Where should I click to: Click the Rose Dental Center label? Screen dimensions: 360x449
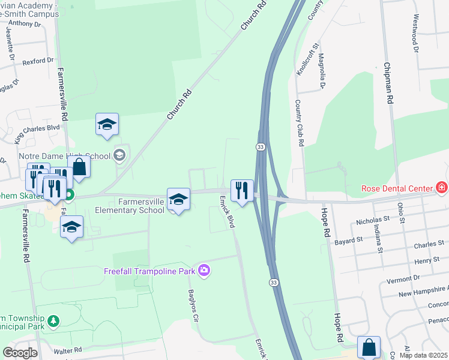[x=397, y=188]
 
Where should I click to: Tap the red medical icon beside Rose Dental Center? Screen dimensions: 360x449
[x=442, y=188]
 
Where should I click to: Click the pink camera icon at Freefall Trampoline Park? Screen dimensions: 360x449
[x=204, y=271]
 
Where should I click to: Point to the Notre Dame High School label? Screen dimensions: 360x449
[x=68, y=156]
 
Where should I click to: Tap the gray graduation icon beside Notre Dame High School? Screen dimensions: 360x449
[x=119, y=155]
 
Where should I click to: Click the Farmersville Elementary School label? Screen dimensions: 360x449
[x=129, y=206]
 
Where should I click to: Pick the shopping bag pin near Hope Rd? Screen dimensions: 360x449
[x=369, y=347]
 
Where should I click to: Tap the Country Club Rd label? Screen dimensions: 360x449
[x=299, y=123]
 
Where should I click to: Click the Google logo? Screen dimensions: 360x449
[x=20, y=353]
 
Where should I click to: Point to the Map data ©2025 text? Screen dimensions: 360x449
[x=423, y=355]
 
